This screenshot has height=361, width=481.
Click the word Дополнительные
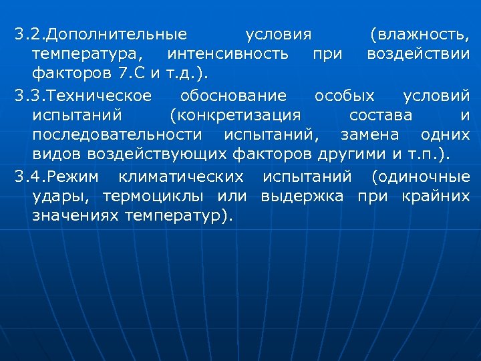[x=119, y=34]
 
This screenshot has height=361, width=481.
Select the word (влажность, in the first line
[x=419, y=34]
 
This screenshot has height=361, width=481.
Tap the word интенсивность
[x=228, y=53]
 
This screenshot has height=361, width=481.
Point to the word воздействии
[x=418, y=53]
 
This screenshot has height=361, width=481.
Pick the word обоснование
[x=233, y=96]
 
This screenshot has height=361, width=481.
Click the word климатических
[x=180, y=177]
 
